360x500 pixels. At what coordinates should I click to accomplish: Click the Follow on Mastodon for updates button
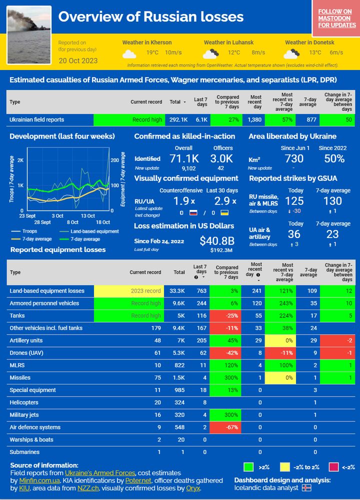pos(337,18)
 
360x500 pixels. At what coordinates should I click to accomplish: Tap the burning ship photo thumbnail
pos(29,34)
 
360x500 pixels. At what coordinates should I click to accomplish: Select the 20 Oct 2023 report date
pos(78,60)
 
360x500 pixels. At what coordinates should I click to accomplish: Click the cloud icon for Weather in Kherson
pos(129,53)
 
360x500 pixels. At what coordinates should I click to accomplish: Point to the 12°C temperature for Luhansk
pos(233,52)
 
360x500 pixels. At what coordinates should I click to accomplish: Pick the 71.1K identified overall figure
pos(184,159)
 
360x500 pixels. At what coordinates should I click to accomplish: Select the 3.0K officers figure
pos(221,159)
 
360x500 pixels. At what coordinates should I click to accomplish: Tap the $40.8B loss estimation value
pos(217,241)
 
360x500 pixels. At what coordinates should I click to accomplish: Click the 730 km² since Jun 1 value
pos(294,159)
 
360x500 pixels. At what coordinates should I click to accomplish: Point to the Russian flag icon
pos(193,212)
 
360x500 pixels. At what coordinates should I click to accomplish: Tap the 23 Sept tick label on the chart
pos(27,215)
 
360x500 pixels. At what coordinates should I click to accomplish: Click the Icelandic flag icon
pos(306,488)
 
